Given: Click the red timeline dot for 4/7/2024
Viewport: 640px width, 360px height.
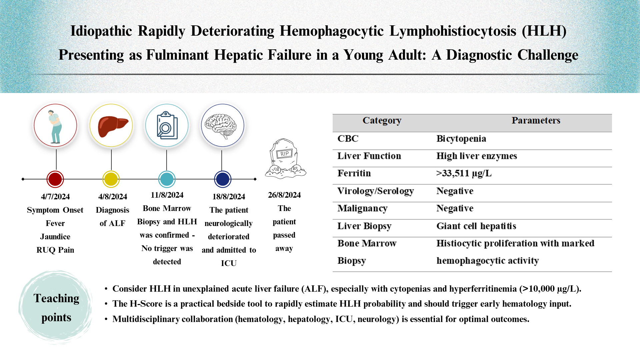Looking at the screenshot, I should pos(55,179).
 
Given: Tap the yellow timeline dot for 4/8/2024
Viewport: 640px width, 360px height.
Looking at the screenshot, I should pos(111,179).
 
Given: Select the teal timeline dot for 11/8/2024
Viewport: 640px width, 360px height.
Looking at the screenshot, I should pos(167,179).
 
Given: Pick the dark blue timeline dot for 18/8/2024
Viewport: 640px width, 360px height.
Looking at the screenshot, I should pos(223,179).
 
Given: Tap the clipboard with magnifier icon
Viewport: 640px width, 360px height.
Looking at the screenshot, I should pos(167,126).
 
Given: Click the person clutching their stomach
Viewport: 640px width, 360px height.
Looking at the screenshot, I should pos(55,126).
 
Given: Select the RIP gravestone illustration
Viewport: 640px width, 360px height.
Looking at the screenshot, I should pos(285,159).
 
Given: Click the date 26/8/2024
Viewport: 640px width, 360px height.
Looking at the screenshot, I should pos(284,195).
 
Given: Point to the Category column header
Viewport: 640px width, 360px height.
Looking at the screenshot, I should pos(382,120).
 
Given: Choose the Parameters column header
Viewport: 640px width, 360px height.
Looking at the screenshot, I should pos(536,120).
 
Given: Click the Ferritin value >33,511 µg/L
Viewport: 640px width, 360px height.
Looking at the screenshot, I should pos(464,173).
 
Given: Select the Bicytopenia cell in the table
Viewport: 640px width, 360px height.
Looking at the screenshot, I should pos(461,139).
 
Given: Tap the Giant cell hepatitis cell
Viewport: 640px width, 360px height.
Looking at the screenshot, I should pos(476,226).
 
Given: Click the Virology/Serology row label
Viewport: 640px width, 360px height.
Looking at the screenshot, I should pos(375,191).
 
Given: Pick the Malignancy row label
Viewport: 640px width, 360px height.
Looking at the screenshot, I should pos(362,208).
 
